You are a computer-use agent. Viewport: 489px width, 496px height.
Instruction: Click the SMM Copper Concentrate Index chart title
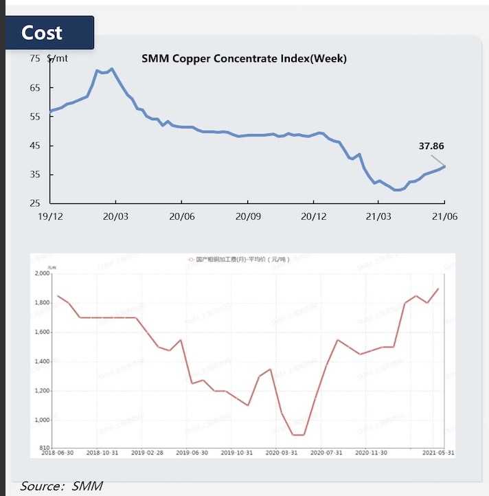click(244, 58)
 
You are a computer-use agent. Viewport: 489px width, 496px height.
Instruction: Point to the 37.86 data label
click(431, 146)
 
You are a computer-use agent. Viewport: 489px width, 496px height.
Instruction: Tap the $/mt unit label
click(58, 58)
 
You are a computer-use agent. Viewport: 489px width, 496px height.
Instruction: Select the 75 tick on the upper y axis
click(36, 58)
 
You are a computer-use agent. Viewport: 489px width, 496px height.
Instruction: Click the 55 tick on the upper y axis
click(36, 117)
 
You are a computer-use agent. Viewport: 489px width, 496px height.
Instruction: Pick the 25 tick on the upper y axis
click(36, 203)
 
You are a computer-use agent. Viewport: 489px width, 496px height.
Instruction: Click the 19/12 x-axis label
click(49, 215)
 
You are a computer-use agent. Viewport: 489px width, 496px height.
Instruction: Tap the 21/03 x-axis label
click(379, 215)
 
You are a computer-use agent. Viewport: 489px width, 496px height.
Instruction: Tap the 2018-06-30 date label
click(58, 453)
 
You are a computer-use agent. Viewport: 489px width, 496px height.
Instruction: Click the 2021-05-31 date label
click(436, 453)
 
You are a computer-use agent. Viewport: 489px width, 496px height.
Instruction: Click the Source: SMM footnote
click(61, 486)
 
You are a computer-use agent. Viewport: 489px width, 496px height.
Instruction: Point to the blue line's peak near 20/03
click(112, 69)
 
